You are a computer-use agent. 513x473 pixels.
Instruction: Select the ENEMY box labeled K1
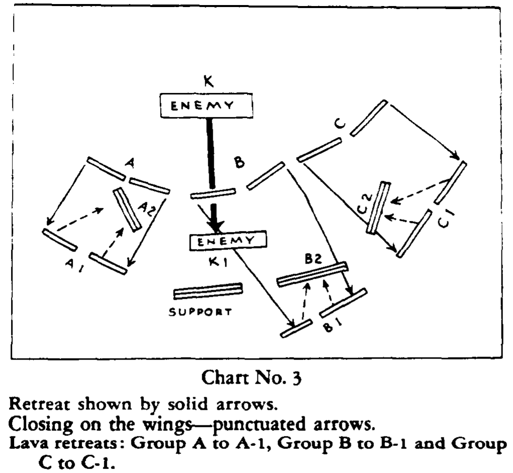tap(227, 241)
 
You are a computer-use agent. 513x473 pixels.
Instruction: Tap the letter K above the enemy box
tap(208, 81)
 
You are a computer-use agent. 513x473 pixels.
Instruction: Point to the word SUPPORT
tap(200, 312)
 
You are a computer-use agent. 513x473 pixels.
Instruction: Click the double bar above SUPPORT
tap(208, 291)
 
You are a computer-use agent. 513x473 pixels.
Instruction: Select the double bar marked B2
tap(312, 274)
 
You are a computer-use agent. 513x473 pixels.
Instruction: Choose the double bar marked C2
tap(378, 207)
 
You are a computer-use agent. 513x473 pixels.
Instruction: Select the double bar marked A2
tap(126, 209)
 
